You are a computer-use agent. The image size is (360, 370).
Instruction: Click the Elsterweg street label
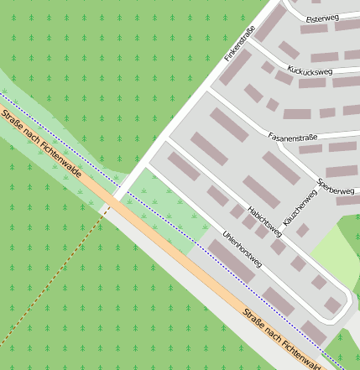point(322,18)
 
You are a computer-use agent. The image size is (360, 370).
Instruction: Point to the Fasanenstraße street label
point(295,135)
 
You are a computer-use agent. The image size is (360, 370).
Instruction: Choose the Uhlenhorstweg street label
point(243,249)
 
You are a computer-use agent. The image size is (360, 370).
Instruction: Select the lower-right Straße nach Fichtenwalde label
point(283,338)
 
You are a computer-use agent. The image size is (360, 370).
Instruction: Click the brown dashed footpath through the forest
point(50,285)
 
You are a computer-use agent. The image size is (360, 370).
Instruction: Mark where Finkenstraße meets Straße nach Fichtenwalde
point(115,202)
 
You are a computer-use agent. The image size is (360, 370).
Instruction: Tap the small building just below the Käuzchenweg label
point(303,229)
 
